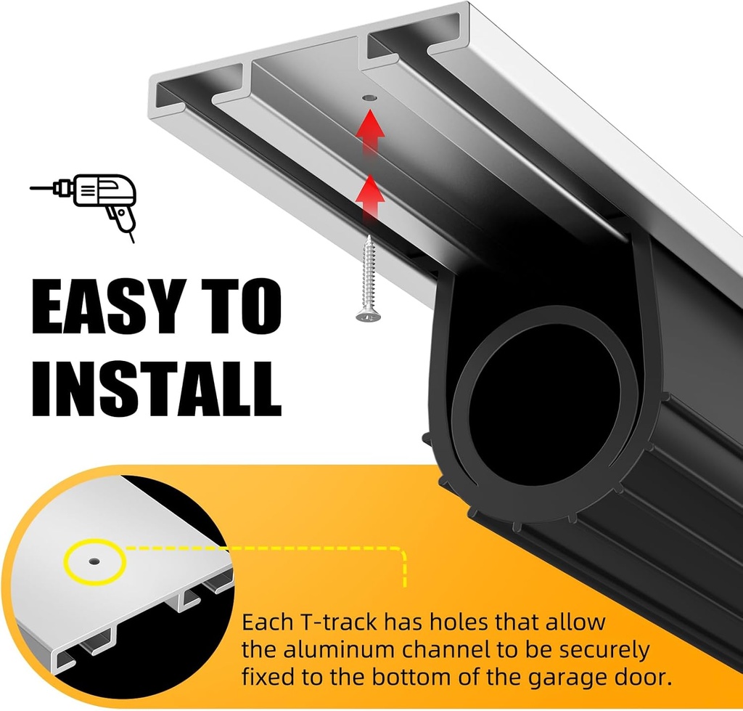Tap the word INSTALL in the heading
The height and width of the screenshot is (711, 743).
coord(157,389)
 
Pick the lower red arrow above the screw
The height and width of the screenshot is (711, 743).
coord(371,198)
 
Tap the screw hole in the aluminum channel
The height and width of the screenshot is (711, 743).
coord(369,98)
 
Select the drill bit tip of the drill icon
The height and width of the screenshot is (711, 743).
coord(32,188)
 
